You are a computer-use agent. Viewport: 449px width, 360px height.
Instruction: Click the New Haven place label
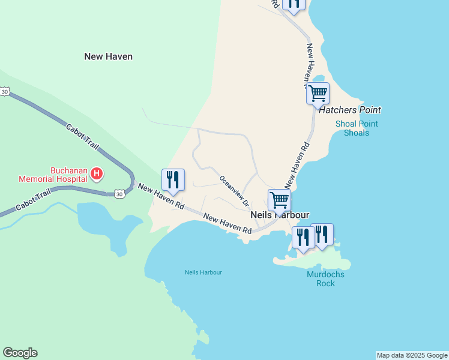(108, 56)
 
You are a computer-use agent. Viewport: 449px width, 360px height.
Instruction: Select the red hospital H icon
(97, 174)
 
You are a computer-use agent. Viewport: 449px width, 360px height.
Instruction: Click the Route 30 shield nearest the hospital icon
(119, 193)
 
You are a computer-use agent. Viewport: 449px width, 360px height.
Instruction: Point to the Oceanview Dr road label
(234, 190)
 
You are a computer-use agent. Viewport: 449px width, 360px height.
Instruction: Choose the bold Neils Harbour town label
(279, 215)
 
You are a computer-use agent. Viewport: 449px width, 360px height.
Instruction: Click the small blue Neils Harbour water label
(203, 272)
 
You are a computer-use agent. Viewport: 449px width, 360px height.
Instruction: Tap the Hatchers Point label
(350, 110)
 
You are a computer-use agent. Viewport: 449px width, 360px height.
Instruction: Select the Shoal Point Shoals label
(357, 128)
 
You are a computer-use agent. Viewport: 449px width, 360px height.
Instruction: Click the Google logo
(20, 353)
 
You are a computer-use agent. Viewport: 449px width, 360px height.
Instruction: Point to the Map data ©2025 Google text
(412, 355)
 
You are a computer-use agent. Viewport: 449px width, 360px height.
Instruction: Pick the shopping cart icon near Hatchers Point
(318, 94)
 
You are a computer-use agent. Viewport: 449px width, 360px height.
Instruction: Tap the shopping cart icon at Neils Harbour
(279, 199)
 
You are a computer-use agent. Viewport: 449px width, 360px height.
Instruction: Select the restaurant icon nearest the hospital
(173, 179)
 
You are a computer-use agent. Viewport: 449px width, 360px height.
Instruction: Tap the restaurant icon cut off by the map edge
(294, 4)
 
